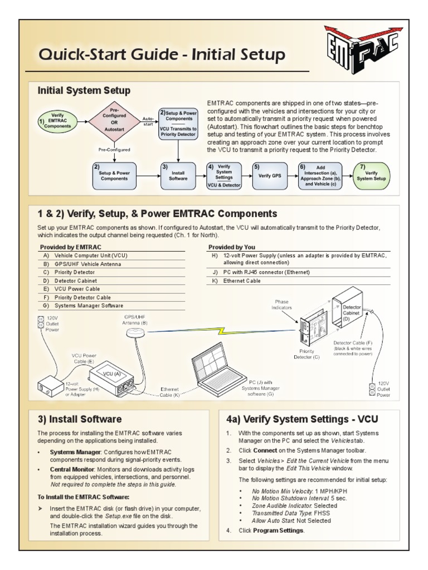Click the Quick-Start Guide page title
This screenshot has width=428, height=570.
(x=161, y=55)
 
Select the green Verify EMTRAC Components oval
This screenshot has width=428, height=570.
(x=57, y=121)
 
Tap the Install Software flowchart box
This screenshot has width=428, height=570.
(x=178, y=175)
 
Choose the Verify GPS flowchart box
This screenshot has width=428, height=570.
(x=270, y=175)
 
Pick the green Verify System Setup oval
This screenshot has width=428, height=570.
(x=371, y=176)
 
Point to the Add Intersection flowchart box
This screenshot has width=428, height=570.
(x=320, y=175)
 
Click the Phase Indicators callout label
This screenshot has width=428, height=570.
(x=281, y=304)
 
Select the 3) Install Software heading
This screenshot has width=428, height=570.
(x=79, y=419)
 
